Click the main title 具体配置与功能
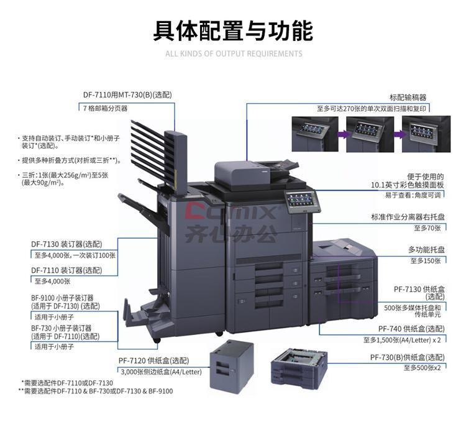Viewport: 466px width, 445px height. tap(233, 30)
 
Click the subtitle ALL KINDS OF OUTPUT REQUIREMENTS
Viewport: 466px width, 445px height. tap(234, 54)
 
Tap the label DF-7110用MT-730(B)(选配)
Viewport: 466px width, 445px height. tap(127, 95)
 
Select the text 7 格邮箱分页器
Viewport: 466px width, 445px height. tap(105, 108)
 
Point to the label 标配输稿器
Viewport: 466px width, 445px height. tap(408, 98)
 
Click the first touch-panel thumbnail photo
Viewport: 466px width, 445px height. tap(315, 134)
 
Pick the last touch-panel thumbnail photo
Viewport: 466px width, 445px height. tap(426, 134)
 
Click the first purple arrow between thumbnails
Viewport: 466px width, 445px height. tap(342, 134)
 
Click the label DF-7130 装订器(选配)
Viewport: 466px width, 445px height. tap(66, 244)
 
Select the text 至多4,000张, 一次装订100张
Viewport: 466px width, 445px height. tap(75, 255)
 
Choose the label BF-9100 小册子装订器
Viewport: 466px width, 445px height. tap(62, 298)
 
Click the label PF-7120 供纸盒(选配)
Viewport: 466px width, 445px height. tap(153, 360)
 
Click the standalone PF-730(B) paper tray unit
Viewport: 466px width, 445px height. tap(299, 366)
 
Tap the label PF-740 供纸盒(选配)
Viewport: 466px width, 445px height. tap(411, 329)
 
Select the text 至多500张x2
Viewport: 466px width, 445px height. tap(422, 368)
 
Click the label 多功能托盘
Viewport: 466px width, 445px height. tap(426, 250)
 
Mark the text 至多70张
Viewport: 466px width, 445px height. tap(427, 228)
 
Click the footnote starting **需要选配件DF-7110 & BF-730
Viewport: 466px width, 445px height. tap(96, 391)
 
